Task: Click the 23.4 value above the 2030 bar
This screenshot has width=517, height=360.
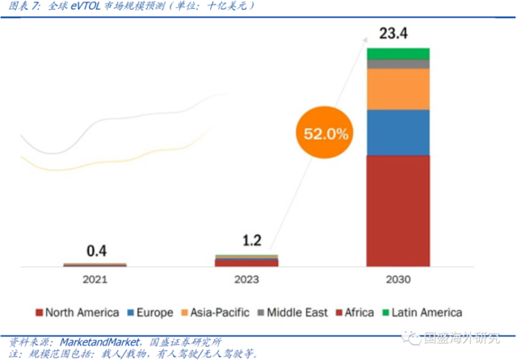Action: (397, 34)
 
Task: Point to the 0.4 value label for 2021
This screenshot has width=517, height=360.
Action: (95, 250)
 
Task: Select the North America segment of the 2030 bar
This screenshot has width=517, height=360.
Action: (397, 210)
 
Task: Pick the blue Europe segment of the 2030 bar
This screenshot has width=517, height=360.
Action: (397, 132)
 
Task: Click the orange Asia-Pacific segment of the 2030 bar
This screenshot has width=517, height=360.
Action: (397, 89)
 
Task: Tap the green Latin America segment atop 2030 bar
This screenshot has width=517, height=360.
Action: (397, 53)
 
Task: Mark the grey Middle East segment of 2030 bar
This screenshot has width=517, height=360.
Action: (397, 64)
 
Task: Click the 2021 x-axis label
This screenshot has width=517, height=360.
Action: (95, 279)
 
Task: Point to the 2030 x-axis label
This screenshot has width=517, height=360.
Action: (397, 279)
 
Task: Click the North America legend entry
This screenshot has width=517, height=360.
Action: (78, 312)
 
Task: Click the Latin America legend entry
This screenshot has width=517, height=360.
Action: (421, 312)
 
